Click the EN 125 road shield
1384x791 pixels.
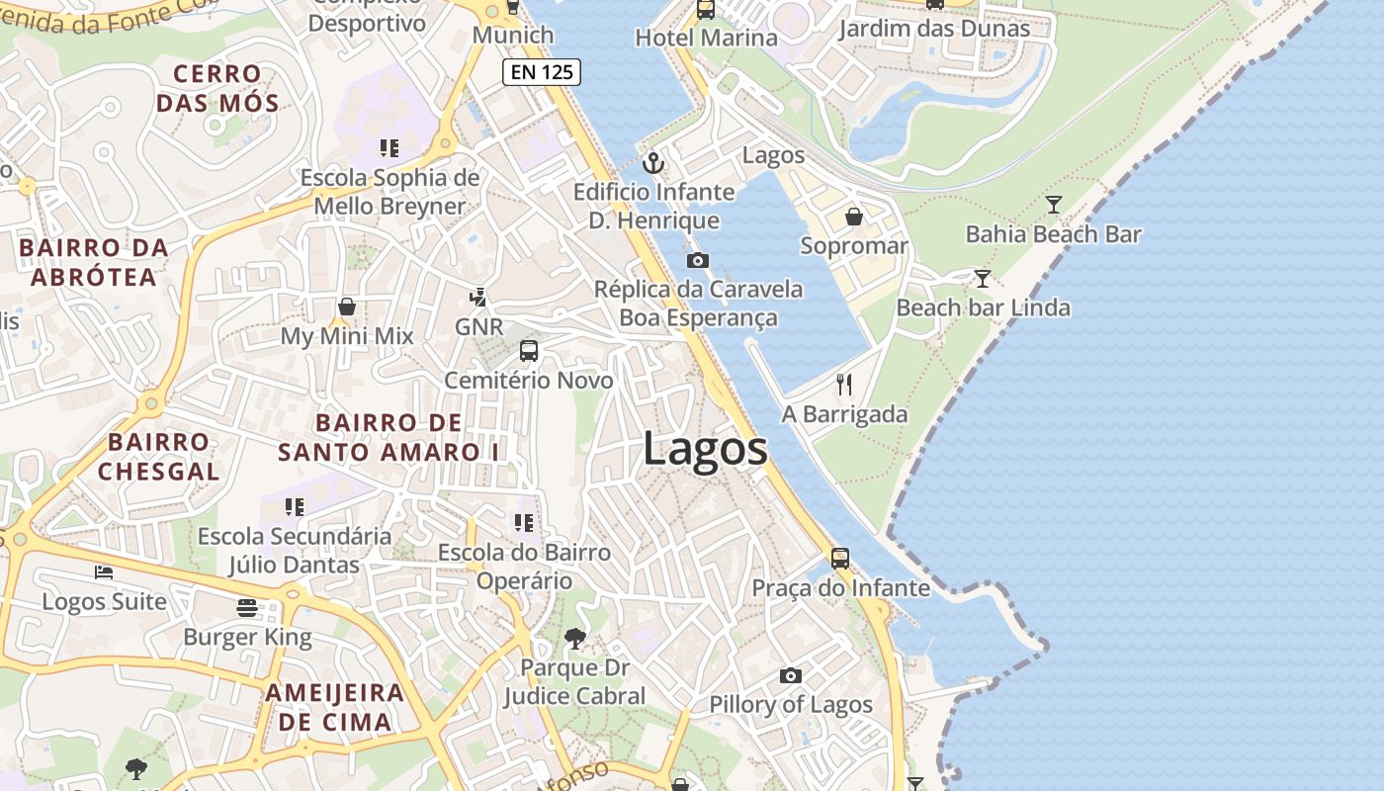pyautogui.click(x=541, y=71)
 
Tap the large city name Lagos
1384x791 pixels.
pyautogui.click(x=705, y=449)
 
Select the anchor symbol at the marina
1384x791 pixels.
pyautogui.click(x=652, y=162)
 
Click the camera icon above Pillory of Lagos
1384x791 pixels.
pyautogui.click(x=790, y=675)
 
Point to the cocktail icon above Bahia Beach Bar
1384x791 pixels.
pyautogui.click(x=1054, y=205)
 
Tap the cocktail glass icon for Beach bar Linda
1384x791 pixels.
pyautogui.click(x=982, y=279)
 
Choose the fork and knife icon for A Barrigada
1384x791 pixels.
pyautogui.click(x=844, y=385)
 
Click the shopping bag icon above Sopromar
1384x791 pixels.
pyautogui.click(x=854, y=216)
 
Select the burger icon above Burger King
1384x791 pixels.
pyautogui.click(x=247, y=607)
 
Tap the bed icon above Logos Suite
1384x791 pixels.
pyautogui.click(x=104, y=571)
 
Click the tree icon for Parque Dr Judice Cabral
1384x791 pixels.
pyautogui.click(x=574, y=639)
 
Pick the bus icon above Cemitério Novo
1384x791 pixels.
pyautogui.click(x=529, y=351)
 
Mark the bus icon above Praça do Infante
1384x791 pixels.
pyautogui.click(x=840, y=559)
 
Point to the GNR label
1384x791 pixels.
pyautogui.click(x=478, y=327)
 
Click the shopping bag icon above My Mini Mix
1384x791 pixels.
pyautogui.click(x=347, y=307)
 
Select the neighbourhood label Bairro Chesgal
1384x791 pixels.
pyautogui.click(x=158, y=456)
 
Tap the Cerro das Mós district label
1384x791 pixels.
pyautogui.click(x=217, y=88)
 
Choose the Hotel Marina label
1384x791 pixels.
pyautogui.click(x=706, y=39)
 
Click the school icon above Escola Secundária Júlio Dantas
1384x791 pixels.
pyautogui.click(x=294, y=507)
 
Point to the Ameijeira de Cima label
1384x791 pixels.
pyautogui.click(x=334, y=707)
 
